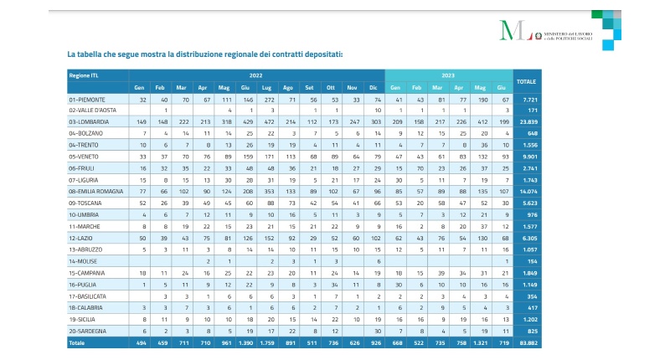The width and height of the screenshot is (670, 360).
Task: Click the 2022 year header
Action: pyautogui.click(x=255, y=75)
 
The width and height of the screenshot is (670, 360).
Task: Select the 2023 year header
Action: pyautogui.click(x=448, y=75)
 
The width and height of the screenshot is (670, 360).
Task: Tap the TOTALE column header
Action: pyautogui.click(x=527, y=81)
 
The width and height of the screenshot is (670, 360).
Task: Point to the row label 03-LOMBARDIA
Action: pyautogui.click(x=89, y=121)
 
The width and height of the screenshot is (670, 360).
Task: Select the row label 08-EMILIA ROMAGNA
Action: pyautogui.click(x=96, y=191)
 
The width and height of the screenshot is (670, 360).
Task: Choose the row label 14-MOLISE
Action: pyautogui.click(x=84, y=261)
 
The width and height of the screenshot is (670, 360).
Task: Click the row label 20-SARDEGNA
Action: pyautogui.click(x=88, y=331)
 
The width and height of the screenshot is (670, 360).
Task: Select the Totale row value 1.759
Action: pyautogui.click(x=267, y=343)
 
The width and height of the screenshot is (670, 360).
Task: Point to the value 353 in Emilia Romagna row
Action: pyautogui.click(x=267, y=191)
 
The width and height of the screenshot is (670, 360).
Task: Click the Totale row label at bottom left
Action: pyautogui.click(x=78, y=343)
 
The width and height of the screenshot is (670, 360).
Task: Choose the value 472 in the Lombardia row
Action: pyautogui.click(x=267, y=121)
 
